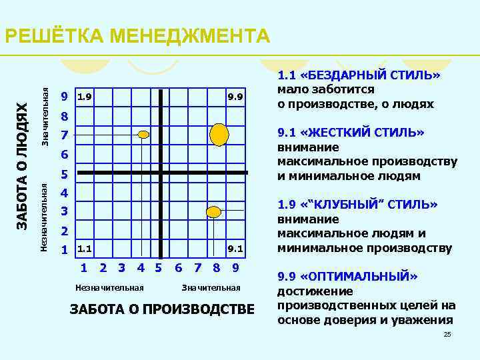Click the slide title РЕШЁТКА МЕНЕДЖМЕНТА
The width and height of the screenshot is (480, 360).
coord(137,35)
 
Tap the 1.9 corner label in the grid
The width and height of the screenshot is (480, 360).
coord(85,97)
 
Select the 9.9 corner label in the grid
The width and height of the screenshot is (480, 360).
coord(234,97)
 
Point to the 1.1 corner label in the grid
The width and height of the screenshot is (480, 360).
coord(85,249)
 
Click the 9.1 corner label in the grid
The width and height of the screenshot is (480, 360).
coord(234,249)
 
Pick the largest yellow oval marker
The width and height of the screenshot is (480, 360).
coord(219,135)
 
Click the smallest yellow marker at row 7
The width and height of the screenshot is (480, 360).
coord(143,135)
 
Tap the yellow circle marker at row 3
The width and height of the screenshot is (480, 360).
coord(213,213)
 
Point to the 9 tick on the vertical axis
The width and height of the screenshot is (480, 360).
coord(64,97)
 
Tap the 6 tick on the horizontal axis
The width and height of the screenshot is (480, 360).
coord(178,268)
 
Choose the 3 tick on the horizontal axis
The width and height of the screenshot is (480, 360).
coord(121,268)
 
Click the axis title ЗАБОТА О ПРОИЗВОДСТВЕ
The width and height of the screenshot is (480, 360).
coord(162,309)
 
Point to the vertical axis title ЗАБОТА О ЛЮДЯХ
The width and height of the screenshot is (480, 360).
coord(22,171)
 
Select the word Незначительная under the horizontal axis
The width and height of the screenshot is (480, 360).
coord(110,288)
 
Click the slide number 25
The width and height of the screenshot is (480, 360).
coord(447,334)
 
